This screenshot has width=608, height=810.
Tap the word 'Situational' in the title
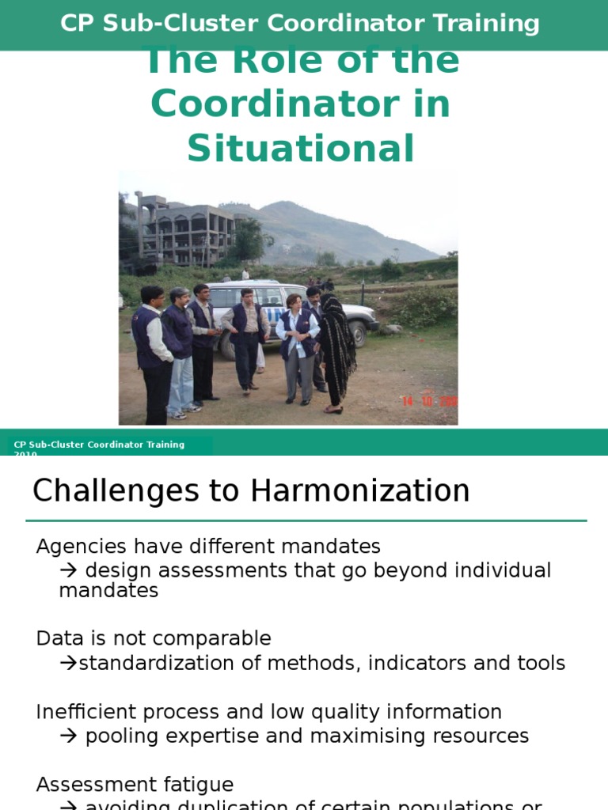point(300,149)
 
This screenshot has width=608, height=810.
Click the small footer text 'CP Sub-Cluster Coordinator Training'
point(99,445)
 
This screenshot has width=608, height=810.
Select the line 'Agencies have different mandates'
point(208,547)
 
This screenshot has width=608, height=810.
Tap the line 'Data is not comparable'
point(154,638)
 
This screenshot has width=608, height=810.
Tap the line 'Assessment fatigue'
point(135,785)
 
